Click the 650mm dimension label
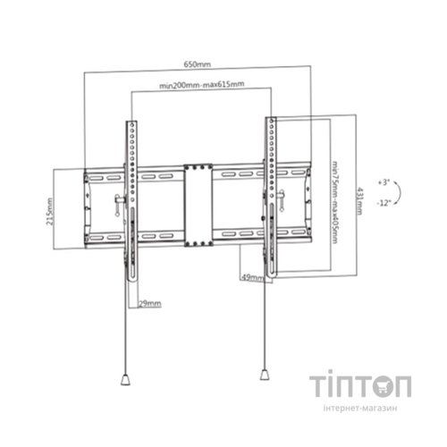coord(197,64)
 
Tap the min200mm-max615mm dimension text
coord(202,85)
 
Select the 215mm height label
coord(50,211)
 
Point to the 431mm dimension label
coord(359,200)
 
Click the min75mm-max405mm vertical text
coord(335,202)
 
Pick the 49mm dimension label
coord(252,277)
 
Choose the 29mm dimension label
coord(150,303)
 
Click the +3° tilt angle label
coord(384,182)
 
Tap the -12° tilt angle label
coord(384,203)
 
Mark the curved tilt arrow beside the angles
coord(401,192)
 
